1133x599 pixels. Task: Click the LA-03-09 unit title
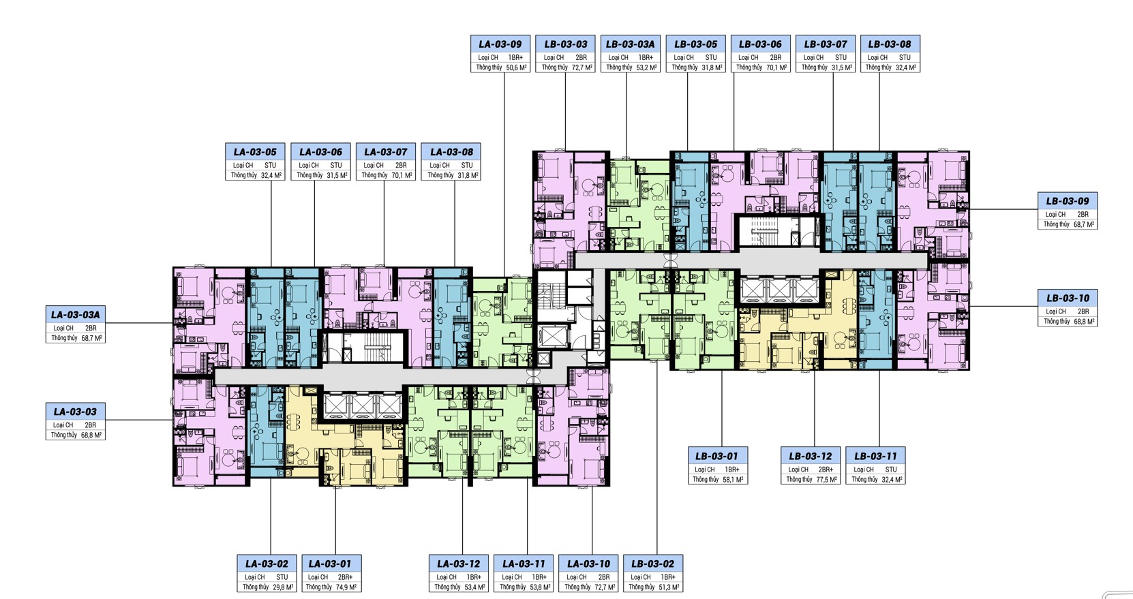[500, 44]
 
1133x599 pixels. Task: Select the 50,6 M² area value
[517, 67]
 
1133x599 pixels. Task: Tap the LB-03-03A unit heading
[630, 44]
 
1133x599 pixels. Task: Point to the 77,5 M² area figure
[826, 479]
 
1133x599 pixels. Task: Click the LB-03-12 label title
[811, 456]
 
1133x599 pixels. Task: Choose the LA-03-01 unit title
[330, 564]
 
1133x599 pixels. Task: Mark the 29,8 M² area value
[284, 587]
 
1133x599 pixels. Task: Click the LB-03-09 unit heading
[1068, 200]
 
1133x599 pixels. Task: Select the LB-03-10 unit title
[1068, 298]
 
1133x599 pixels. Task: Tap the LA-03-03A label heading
[76, 314]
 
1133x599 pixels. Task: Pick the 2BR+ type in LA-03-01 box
[346, 577]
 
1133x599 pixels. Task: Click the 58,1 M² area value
[733, 479]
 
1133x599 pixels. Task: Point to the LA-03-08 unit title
[452, 152]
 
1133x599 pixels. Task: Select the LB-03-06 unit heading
[760, 44]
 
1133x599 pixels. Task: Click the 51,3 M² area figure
[669, 587]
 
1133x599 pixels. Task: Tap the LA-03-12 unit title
[459, 564]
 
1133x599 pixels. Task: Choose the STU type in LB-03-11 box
[891, 469]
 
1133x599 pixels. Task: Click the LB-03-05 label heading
[695, 44]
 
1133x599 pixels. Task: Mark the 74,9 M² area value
[346, 587]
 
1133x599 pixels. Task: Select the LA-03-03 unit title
[76, 412]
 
